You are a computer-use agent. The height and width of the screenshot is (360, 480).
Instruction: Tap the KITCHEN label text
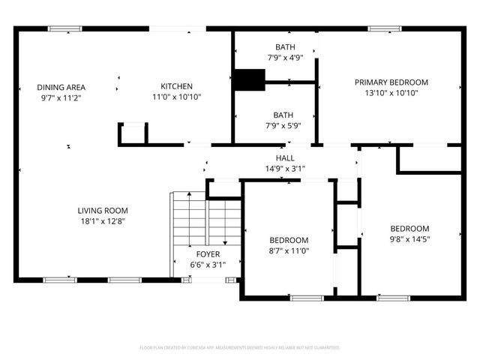[177, 86]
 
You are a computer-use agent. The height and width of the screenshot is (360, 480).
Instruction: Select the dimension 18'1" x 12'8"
[103, 220]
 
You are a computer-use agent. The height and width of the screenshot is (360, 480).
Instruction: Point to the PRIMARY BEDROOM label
[391, 82]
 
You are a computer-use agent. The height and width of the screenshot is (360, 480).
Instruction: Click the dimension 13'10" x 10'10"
[391, 93]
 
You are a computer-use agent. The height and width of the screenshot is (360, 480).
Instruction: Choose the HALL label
[285, 158]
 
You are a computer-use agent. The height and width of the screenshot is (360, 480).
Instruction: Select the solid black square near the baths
[249, 79]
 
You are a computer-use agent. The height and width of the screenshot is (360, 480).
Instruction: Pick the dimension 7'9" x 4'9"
[284, 58]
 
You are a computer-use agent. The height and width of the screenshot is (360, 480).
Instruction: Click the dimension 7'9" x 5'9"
[283, 125]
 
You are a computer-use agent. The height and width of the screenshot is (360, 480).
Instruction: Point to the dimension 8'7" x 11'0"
[289, 250]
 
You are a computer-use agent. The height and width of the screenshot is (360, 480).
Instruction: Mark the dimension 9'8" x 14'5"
[409, 239]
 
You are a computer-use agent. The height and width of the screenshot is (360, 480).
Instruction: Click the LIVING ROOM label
[103, 210]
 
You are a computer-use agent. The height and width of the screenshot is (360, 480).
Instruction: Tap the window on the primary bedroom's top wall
[384, 29]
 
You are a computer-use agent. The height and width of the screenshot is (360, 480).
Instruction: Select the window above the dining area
[65, 29]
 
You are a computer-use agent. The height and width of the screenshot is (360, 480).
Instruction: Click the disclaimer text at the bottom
[240, 348]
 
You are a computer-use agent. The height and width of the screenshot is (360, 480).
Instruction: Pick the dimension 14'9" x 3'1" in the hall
[285, 169]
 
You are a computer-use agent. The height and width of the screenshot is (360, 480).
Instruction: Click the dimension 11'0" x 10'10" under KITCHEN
[177, 97]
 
